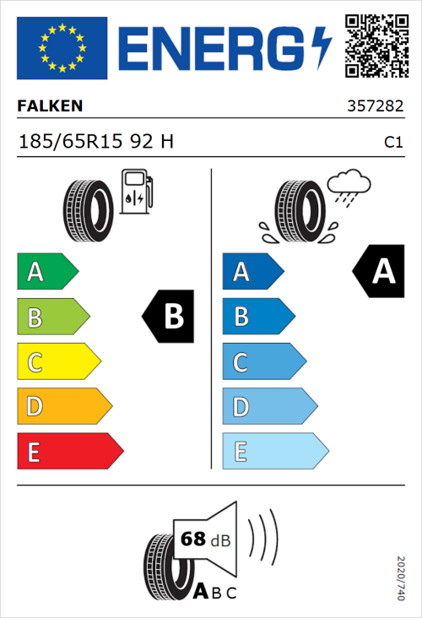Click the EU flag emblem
tap(62, 48)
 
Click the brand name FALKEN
tap(51, 106)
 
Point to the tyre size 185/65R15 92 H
tap(96, 142)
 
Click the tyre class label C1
tap(392, 143)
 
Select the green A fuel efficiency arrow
tap(46, 272)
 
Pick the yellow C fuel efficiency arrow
tap(57, 363)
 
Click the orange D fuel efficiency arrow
tap(63, 408)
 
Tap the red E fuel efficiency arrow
tap(69, 452)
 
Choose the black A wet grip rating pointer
tap(380, 271)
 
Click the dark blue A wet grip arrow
tap(251, 272)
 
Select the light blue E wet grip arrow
tap(274, 452)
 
